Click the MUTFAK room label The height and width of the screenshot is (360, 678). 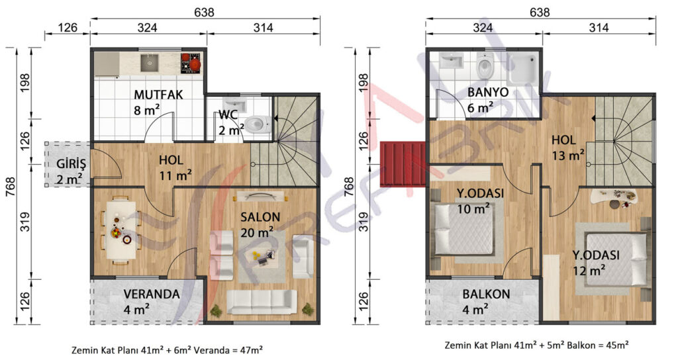[158, 95]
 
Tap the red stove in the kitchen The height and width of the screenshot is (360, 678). [190, 63]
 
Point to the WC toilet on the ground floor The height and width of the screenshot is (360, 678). [259, 124]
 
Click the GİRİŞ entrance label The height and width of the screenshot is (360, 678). [72, 164]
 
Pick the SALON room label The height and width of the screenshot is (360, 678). [260, 217]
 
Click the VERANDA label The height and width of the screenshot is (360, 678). [152, 294]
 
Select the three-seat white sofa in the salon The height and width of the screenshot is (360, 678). [262, 302]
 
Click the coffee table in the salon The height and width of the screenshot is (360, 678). [261, 257]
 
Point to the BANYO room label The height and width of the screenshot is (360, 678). [488, 92]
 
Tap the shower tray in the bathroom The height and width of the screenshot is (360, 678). [522, 68]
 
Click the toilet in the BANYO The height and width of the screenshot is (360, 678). [485, 67]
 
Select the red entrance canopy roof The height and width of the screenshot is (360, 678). [403, 164]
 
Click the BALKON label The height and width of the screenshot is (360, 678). [487, 294]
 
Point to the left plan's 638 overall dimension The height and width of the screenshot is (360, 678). [204, 12]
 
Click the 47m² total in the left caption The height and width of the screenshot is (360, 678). [251, 349]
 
